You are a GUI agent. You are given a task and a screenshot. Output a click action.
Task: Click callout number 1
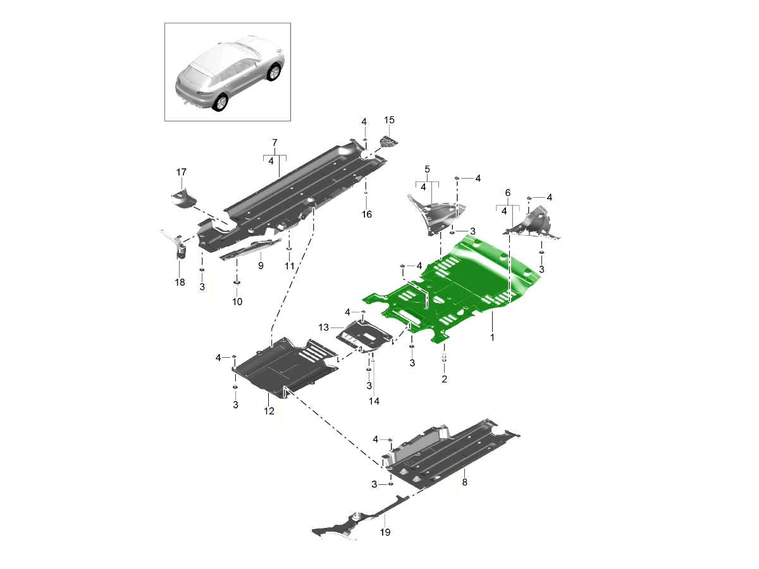(492, 338)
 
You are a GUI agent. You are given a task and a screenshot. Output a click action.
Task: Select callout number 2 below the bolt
(444, 379)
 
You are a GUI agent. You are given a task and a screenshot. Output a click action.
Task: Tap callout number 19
(385, 532)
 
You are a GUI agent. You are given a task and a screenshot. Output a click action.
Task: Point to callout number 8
(465, 482)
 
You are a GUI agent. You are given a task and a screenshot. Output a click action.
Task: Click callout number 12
(269, 411)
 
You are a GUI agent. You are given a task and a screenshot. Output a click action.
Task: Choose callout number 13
(324, 327)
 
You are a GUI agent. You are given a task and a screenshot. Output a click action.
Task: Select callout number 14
(374, 401)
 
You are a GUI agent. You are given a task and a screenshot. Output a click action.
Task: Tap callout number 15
(389, 120)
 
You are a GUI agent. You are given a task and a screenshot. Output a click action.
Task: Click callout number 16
(367, 214)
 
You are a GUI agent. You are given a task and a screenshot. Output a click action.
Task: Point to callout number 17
(182, 172)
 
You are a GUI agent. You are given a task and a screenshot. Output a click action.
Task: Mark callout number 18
(180, 283)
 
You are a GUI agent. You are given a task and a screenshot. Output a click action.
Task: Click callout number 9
(260, 266)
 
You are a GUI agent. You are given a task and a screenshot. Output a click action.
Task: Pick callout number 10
(237, 302)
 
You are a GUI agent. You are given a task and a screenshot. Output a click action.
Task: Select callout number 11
(289, 266)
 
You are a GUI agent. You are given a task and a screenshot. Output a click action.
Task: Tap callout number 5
(427, 169)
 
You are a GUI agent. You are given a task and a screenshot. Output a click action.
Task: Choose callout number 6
(507, 192)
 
